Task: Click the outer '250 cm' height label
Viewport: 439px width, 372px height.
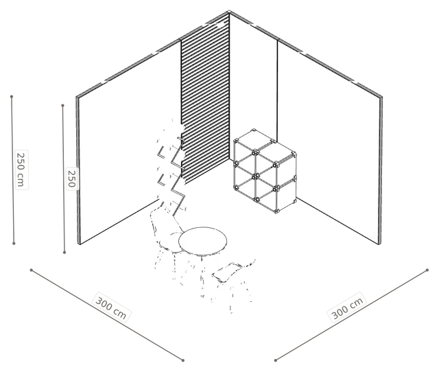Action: coord(21,170)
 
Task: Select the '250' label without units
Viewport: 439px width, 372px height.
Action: coord(72,178)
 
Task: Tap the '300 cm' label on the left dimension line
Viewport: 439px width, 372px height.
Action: coord(111,307)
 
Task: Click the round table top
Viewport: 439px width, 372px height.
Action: coord(203,241)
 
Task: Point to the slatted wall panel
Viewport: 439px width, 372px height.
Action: coord(205,98)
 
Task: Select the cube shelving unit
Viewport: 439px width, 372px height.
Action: coord(265,171)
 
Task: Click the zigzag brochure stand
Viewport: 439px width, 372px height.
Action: coord(171,168)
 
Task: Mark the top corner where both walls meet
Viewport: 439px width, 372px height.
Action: coord(229,12)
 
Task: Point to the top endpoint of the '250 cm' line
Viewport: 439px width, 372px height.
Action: coord(12,97)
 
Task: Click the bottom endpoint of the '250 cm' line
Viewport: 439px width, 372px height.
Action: coord(14,244)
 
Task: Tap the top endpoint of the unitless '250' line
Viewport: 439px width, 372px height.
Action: coord(62,106)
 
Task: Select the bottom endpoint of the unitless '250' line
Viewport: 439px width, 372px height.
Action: coord(64,253)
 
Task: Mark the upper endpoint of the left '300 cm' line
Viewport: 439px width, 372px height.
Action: coord(32,270)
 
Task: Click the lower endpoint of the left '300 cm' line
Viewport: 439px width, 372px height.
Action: coord(183,360)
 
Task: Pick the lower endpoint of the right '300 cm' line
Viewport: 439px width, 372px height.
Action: coord(276,360)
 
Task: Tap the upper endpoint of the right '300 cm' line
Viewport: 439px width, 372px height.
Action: coord(427,270)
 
